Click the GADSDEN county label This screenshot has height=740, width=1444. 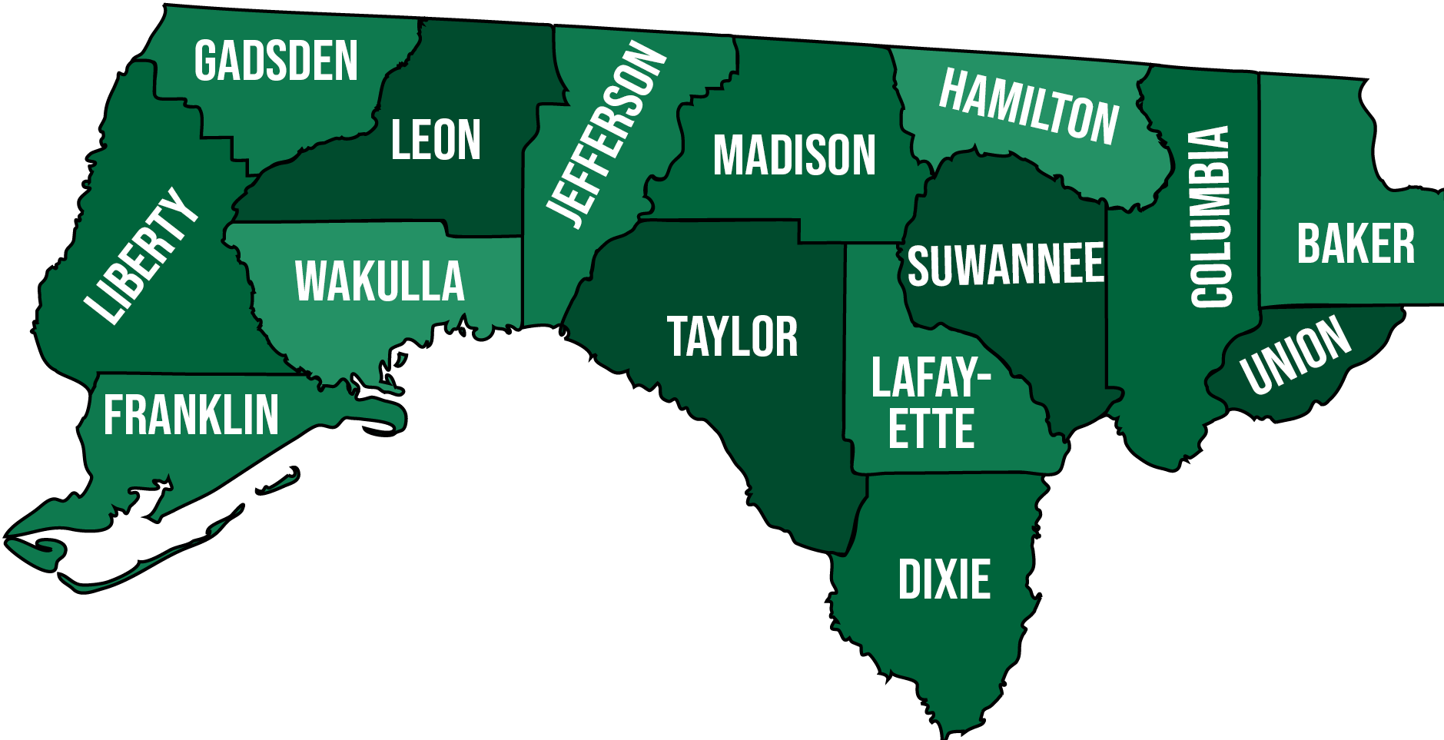[x=276, y=61]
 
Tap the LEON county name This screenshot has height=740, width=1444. [x=436, y=140]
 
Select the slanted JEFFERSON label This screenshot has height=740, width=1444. [x=606, y=137]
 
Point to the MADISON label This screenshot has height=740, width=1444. [x=794, y=155]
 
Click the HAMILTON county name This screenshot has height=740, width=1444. [x=1028, y=107]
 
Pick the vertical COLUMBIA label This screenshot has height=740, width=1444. [x=1210, y=217]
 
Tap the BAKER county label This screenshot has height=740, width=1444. [x=1356, y=244]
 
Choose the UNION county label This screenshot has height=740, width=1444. [x=1296, y=356]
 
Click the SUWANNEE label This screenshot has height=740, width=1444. [x=1005, y=265]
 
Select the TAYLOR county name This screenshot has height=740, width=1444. [x=732, y=337]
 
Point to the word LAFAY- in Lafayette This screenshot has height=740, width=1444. [x=931, y=377]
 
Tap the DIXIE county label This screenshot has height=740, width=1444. [x=944, y=579]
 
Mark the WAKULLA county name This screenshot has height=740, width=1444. [x=380, y=281]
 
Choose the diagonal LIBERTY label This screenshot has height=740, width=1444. [x=143, y=256]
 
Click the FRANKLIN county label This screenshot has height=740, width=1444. [x=191, y=415]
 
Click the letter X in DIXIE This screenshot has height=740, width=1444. [x=946, y=579]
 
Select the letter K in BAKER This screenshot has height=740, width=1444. [x=1356, y=244]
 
